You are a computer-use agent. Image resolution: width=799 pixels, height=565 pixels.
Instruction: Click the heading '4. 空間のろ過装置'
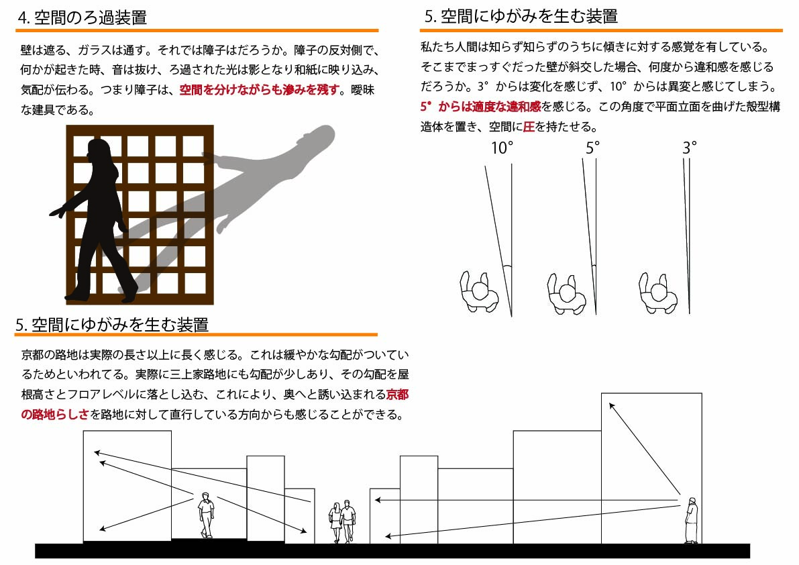point(82,17)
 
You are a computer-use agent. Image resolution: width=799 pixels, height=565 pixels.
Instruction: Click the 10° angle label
point(502,148)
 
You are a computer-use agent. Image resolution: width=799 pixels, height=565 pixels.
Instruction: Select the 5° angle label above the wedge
point(592,148)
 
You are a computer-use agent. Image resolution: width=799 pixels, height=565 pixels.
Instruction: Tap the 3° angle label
point(690,148)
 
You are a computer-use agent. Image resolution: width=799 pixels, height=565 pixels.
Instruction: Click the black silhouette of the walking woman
point(97,219)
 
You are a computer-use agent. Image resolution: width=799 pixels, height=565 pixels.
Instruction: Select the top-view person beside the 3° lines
point(658,293)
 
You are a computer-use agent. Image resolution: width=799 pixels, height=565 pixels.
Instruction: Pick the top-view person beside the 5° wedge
point(567,294)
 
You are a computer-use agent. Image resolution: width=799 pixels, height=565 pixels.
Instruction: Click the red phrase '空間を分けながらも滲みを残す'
point(260,90)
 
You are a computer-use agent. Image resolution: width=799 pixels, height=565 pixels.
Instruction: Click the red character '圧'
point(529,126)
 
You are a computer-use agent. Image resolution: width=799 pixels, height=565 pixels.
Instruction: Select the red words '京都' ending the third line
point(397,395)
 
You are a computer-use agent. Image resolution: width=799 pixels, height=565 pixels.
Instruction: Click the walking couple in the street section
point(342,521)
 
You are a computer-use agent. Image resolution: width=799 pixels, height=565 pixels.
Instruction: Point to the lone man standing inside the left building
point(206,515)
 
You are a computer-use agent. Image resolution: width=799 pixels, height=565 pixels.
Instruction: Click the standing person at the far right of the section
point(691,520)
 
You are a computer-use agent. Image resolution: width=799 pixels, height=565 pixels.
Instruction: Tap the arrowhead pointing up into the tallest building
point(611,406)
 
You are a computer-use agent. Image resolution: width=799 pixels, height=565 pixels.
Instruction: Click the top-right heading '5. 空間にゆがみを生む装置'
point(521,16)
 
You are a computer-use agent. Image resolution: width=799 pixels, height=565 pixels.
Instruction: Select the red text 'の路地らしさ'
point(55,414)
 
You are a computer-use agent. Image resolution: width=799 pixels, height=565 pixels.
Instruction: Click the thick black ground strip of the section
point(392,551)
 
